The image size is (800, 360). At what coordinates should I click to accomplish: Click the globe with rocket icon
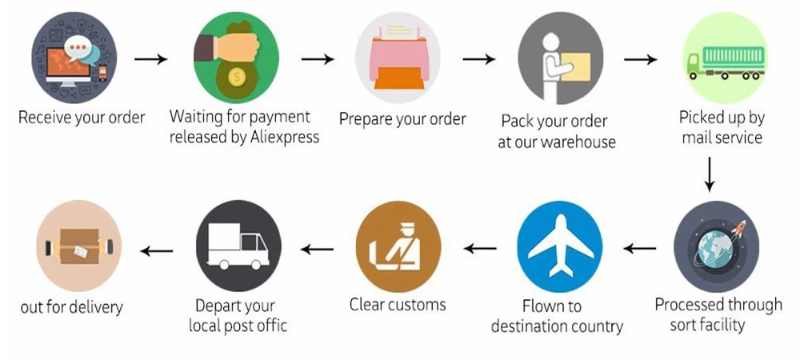point(716,245)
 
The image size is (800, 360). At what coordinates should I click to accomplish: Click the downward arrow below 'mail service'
point(709,174)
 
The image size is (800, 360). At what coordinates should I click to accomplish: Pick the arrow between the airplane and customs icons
point(480,249)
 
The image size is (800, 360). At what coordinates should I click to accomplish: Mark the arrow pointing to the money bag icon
point(150,59)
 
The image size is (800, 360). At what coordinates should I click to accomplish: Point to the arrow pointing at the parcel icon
point(157,251)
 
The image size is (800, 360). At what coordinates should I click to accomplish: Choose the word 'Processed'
point(690,305)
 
